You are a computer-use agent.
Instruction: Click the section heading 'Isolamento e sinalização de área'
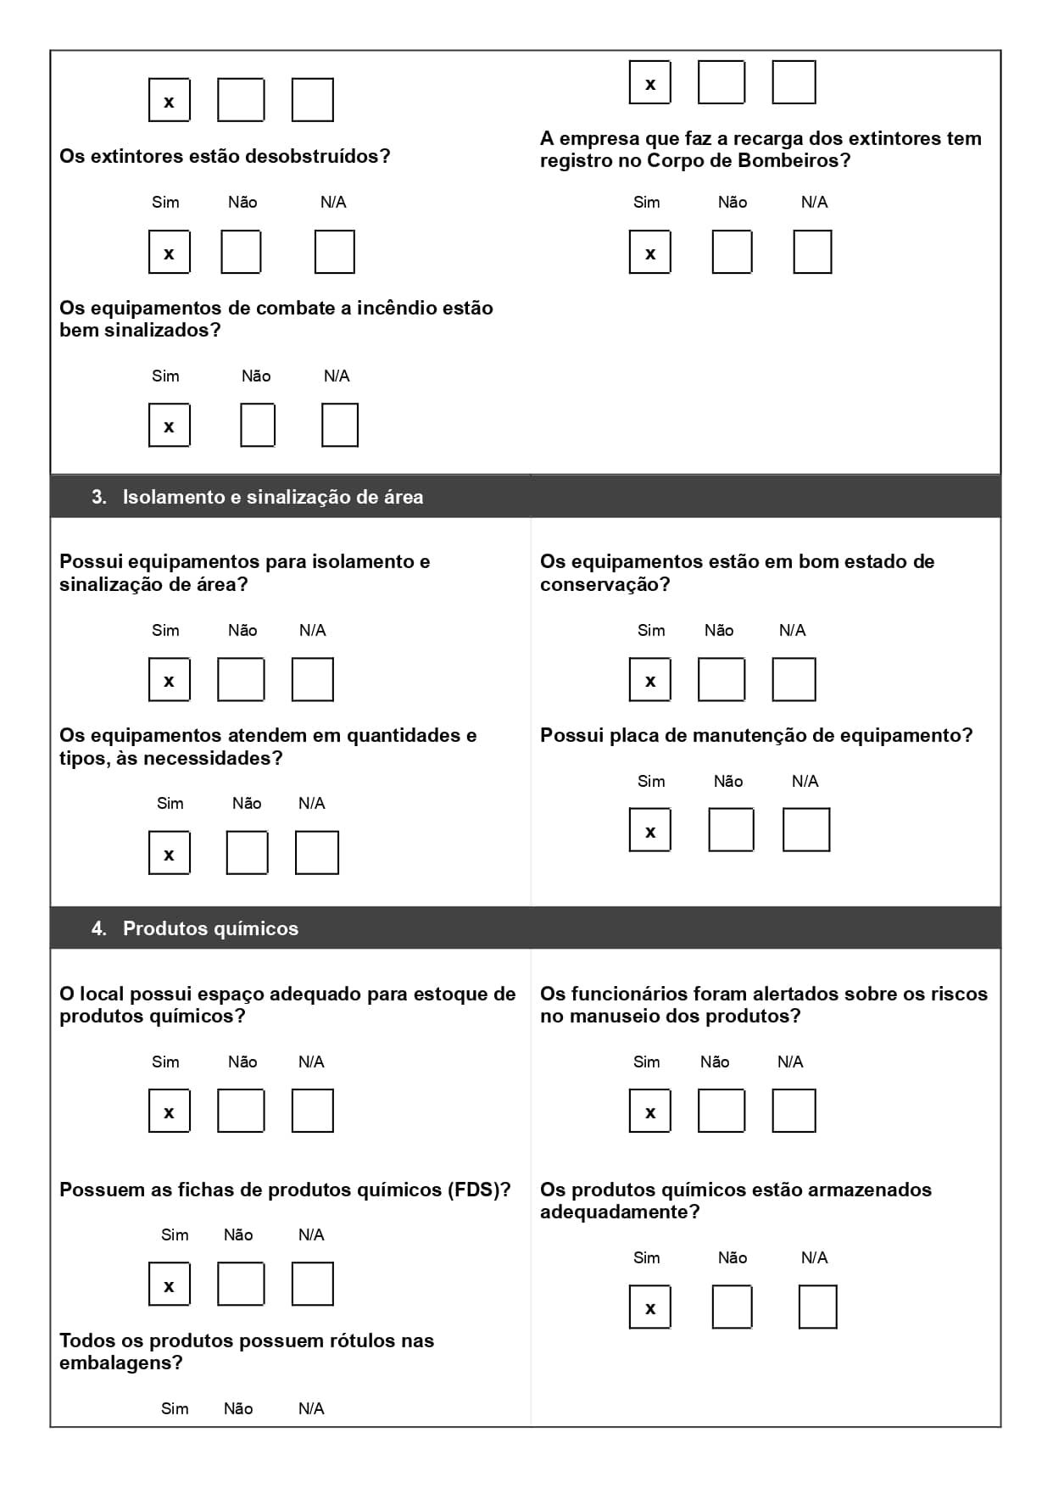click(272, 497)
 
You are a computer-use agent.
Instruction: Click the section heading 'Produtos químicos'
click(210, 928)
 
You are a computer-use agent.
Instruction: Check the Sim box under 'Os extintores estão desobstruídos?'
click(169, 253)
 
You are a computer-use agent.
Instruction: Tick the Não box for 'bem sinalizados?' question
click(258, 426)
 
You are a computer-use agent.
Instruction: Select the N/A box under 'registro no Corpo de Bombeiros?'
click(812, 253)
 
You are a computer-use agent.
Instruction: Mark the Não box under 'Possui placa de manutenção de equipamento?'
click(731, 830)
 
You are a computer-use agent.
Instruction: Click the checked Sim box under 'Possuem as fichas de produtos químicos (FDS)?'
click(169, 1285)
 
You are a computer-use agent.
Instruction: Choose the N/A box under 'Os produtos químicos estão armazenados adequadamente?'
click(817, 1307)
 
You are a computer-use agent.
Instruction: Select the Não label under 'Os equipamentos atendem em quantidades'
click(247, 803)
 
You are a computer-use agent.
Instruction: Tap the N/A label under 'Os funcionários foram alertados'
click(790, 1062)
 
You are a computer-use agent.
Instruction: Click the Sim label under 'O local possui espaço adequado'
click(165, 1062)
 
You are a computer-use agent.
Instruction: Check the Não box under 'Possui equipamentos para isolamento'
click(241, 680)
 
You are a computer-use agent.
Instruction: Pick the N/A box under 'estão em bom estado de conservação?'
click(794, 680)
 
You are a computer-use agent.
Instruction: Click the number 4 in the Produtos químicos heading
click(98, 928)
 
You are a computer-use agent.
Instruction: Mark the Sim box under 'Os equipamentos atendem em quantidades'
click(169, 853)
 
